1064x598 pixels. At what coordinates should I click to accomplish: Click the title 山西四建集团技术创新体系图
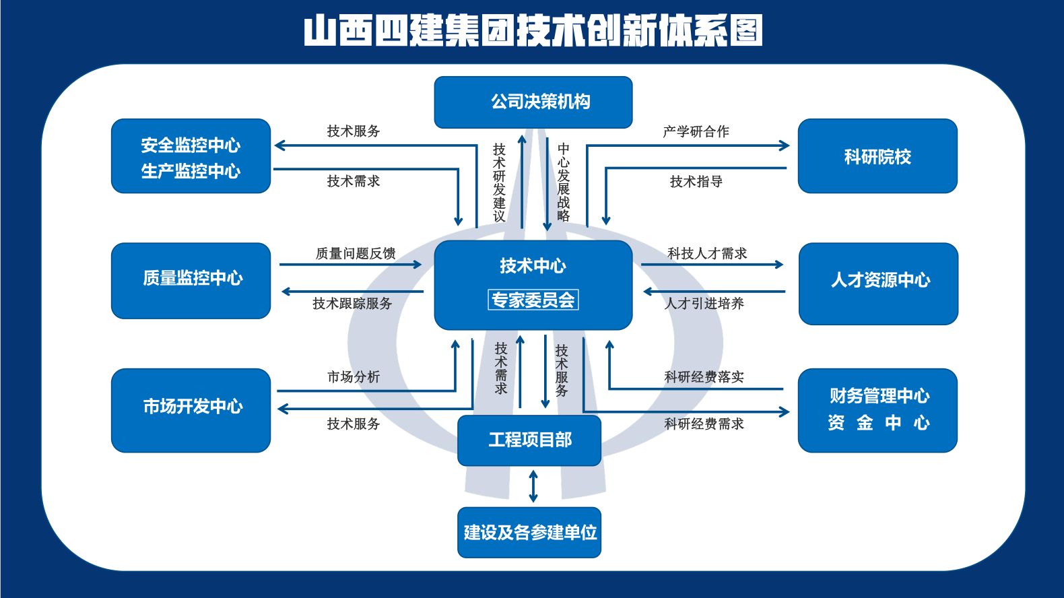(533, 30)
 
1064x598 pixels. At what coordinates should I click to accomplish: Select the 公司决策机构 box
(533, 102)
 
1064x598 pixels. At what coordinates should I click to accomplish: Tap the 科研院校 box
(877, 156)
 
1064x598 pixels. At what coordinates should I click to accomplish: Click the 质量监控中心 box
(191, 280)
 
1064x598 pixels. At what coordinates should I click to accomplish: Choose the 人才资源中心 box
(878, 284)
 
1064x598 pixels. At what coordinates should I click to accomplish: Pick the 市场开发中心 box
(191, 410)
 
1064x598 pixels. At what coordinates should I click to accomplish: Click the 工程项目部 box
(529, 440)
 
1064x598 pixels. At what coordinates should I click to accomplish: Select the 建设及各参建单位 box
(529, 533)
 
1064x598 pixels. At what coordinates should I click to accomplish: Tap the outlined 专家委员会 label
(533, 300)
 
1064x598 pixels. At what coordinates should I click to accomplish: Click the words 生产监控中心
(191, 171)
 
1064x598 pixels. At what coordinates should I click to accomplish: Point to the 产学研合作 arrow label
(696, 131)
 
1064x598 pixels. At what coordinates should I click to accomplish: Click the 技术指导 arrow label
(696, 181)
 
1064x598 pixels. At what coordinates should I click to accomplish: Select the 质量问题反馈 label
(356, 254)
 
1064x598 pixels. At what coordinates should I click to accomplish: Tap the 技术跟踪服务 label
(352, 304)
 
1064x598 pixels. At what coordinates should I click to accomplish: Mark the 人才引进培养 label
(704, 304)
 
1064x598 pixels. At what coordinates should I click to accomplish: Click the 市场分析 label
(354, 377)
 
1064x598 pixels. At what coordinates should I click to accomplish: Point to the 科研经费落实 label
(704, 377)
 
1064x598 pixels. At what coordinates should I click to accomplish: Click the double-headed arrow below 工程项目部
(533, 486)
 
